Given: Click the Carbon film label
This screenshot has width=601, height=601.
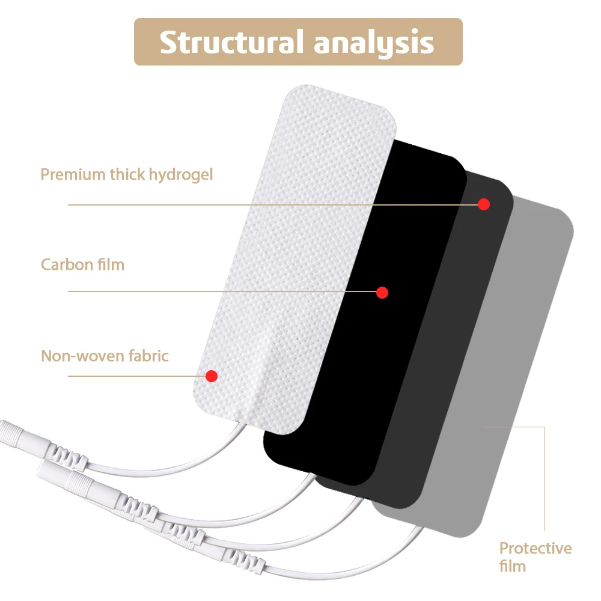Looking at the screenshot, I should pyautogui.click(x=82, y=264).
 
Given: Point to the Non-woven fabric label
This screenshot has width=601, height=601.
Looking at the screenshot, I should pyautogui.click(x=105, y=355).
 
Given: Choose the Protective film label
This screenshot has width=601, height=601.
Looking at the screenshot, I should pyautogui.click(x=535, y=557).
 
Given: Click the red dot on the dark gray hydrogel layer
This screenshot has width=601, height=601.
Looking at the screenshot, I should pyautogui.click(x=484, y=204).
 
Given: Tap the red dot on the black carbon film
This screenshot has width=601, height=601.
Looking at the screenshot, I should pyautogui.click(x=382, y=293).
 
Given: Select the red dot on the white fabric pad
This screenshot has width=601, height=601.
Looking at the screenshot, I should pyautogui.click(x=211, y=376).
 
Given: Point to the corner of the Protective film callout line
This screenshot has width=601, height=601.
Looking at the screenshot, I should pyautogui.click(x=545, y=427).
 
